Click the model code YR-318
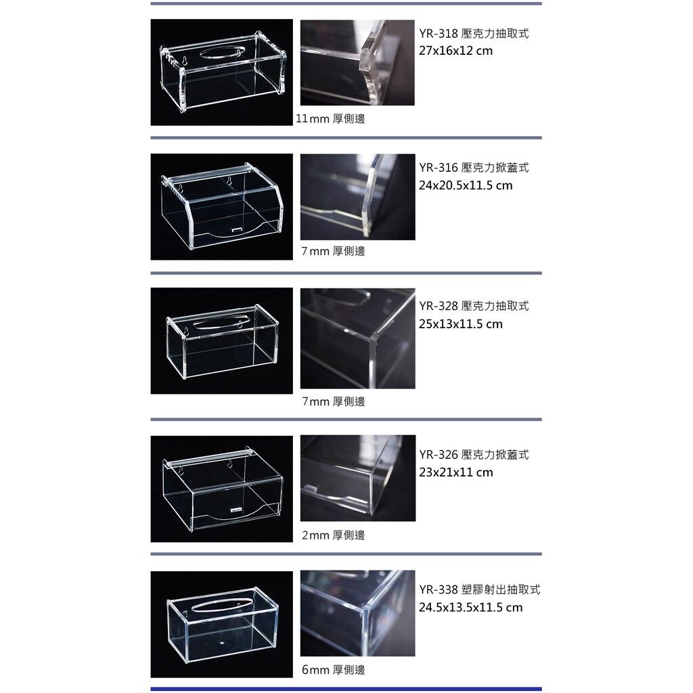click(438, 34)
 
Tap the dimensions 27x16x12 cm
click(455, 51)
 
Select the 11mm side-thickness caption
click(330, 119)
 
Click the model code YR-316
click(438, 168)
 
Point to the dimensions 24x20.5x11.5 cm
click(466, 185)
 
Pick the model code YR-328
click(438, 306)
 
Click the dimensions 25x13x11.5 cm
click(460, 324)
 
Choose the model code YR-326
click(438, 455)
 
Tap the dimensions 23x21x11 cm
click(455, 472)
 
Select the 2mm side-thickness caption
click(333, 536)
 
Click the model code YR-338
click(438, 589)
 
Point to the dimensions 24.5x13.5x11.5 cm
click(471, 608)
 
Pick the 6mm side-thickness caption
click(333, 670)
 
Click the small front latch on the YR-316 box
click(238, 229)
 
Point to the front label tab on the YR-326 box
click(238, 510)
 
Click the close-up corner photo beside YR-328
click(357, 338)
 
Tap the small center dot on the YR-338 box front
click(222, 642)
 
